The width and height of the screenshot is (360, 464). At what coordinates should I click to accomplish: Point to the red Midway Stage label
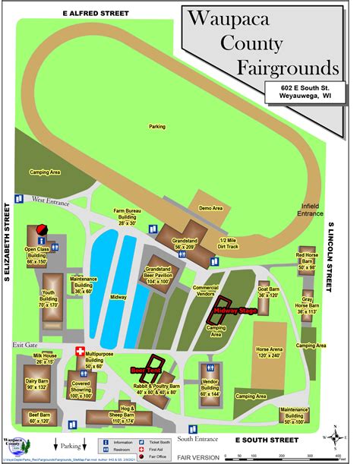click(235, 311)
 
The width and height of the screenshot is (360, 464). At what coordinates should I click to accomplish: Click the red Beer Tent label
click(146, 370)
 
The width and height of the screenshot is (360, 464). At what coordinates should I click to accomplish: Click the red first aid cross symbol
click(80, 352)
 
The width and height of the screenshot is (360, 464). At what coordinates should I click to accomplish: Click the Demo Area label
click(210, 207)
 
